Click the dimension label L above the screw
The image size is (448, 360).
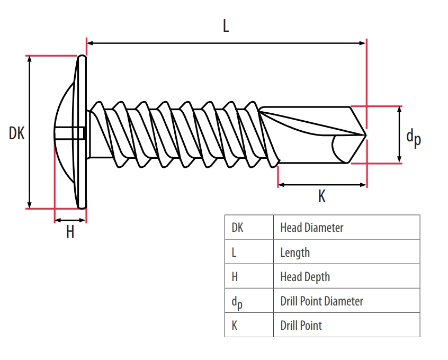tap(226, 26)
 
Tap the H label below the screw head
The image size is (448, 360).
tap(70, 232)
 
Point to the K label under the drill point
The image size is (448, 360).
tap(321, 197)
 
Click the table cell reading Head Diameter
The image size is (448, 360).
tap(312, 228)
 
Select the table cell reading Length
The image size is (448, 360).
tap(295, 253)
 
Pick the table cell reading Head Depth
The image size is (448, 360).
tap(305, 277)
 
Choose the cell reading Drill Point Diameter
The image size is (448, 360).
tap(321, 301)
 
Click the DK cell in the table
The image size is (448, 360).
tap(237, 228)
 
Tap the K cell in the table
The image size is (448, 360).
tap(235, 326)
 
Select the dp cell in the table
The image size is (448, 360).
tap(236, 302)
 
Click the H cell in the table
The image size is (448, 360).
tap(235, 277)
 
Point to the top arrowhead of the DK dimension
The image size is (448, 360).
tap(30, 59)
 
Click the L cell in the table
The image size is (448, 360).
tap(234, 253)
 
